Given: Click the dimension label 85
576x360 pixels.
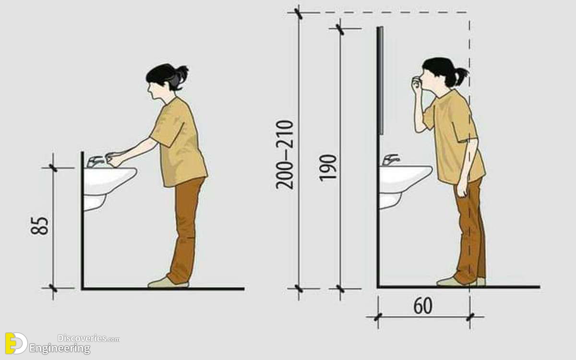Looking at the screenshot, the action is tap(39, 226).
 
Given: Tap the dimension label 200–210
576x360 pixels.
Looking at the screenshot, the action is tap(284, 155).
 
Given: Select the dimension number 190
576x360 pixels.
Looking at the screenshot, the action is tap(328, 168).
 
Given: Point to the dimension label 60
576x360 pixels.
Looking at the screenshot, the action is tap(423, 306).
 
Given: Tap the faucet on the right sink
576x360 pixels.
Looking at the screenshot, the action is tap(391, 160).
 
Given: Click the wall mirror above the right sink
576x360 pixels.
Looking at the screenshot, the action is tap(381, 81).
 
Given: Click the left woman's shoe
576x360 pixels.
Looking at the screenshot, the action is tap(168, 282).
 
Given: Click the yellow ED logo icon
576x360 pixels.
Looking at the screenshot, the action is tap(16, 343).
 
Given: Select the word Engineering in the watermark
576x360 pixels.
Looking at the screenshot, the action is tap(60, 349).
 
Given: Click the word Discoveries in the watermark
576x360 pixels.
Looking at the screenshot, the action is tap(82, 338).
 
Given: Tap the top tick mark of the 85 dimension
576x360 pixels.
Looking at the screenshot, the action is tap(53, 168).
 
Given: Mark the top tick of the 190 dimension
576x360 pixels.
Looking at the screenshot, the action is tap(340, 29).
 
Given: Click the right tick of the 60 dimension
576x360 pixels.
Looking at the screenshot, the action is tap(470, 317).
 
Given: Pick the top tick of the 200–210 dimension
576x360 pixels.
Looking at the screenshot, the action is tap(298, 13).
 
